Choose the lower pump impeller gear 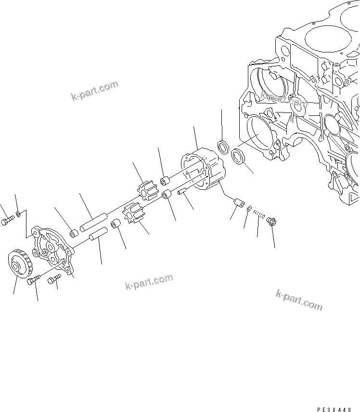coord(133,215)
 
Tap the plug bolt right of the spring coord(270,222)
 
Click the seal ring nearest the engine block coord(237,156)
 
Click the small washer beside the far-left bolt coord(18,212)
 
